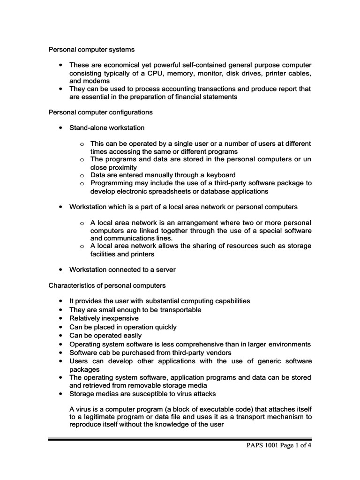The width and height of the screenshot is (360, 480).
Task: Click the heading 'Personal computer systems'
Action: (92, 49)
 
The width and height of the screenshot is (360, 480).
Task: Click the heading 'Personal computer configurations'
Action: (100, 112)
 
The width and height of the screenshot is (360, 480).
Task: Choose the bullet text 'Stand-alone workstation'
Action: (107, 127)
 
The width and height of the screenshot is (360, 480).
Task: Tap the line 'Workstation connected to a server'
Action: (122, 270)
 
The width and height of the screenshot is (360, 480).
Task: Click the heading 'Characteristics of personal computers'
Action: (107, 285)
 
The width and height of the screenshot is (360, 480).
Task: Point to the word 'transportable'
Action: (179, 309)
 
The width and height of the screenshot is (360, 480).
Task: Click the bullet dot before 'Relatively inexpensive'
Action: (61, 318)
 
